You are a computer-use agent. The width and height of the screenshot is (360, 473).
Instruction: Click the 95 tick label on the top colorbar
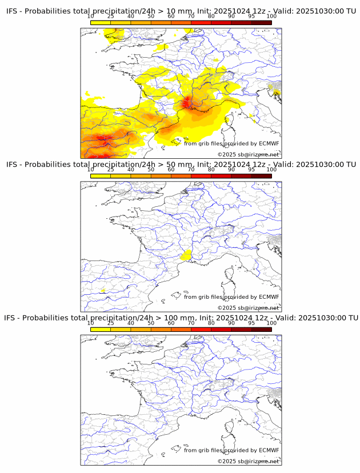tap(251, 16)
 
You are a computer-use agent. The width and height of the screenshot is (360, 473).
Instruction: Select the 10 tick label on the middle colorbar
tap(91, 169)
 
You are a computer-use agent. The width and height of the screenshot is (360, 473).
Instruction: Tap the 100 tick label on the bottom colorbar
tap(271, 323)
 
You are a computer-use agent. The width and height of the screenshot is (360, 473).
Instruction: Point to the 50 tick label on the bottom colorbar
tap(151, 323)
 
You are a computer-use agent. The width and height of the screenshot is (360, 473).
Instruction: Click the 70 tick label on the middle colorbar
tap(191, 169)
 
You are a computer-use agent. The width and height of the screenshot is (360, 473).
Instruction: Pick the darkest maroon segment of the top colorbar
tap(261, 22)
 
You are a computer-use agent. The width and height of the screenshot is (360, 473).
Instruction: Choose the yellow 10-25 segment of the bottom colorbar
tap(101, 329)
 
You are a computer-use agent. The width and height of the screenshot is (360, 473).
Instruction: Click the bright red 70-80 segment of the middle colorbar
tap(201, 176)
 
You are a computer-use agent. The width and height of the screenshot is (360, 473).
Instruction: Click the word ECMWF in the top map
tap(269, 143)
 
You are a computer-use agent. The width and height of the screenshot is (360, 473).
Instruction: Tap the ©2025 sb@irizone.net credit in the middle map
tap(248, 308)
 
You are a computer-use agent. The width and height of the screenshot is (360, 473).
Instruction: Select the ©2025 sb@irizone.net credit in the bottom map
tap(248, 461)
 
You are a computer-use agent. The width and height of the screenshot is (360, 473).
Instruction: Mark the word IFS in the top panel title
tap(13, 11)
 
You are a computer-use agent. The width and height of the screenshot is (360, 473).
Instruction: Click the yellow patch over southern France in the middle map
tap(185, 256)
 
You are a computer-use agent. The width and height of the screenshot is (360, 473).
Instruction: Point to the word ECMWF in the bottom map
tap(269, 450)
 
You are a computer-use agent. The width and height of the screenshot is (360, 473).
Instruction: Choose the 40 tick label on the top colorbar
tap(131, 16)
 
